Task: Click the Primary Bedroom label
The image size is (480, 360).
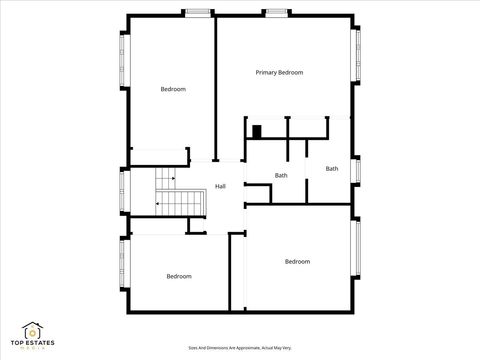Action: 279,73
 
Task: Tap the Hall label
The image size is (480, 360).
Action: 220,187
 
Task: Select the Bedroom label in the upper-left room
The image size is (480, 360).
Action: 173,90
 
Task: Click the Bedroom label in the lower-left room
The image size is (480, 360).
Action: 179,276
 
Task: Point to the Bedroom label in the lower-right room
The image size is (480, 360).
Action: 297,262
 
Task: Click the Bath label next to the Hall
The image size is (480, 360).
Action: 282,176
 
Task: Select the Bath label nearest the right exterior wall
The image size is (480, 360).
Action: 331,168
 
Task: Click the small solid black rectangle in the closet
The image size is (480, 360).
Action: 257,130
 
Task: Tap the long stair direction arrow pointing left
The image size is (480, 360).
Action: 166,203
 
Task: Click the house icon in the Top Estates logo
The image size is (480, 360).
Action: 34,329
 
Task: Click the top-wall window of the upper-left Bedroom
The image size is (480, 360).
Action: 198,12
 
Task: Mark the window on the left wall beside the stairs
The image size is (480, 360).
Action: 122,191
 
